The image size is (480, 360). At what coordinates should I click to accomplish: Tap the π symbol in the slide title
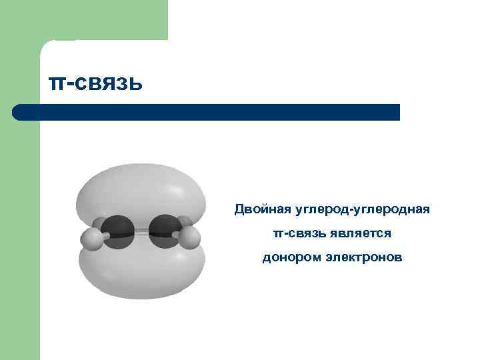tap(57, 84)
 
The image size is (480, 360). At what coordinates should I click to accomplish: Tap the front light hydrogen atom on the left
tap(91, 239)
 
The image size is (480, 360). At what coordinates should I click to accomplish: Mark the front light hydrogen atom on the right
tap(190, 238)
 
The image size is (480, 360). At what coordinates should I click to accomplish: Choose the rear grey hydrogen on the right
tap(183, 223)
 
